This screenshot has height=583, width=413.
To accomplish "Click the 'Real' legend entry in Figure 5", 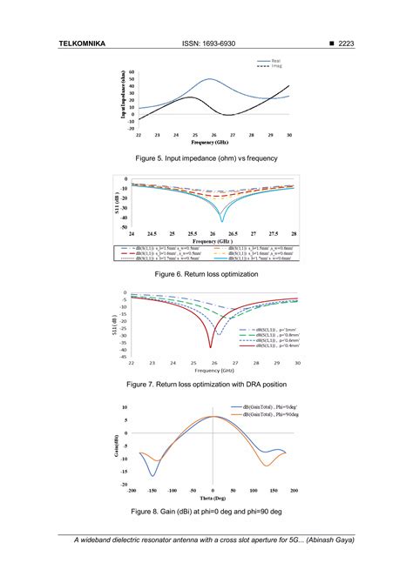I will point(275,60).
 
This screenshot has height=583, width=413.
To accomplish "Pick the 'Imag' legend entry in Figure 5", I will point(275,65).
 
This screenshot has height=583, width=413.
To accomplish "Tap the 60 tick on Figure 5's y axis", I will point(131,73).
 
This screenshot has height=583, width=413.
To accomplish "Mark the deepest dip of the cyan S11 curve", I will point(222,221).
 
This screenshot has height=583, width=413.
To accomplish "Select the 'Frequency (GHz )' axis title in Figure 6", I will point(212,242).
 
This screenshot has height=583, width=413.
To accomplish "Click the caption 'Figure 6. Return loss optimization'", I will point(206,273).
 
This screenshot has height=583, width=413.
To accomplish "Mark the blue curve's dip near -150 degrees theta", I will point(153,475).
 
